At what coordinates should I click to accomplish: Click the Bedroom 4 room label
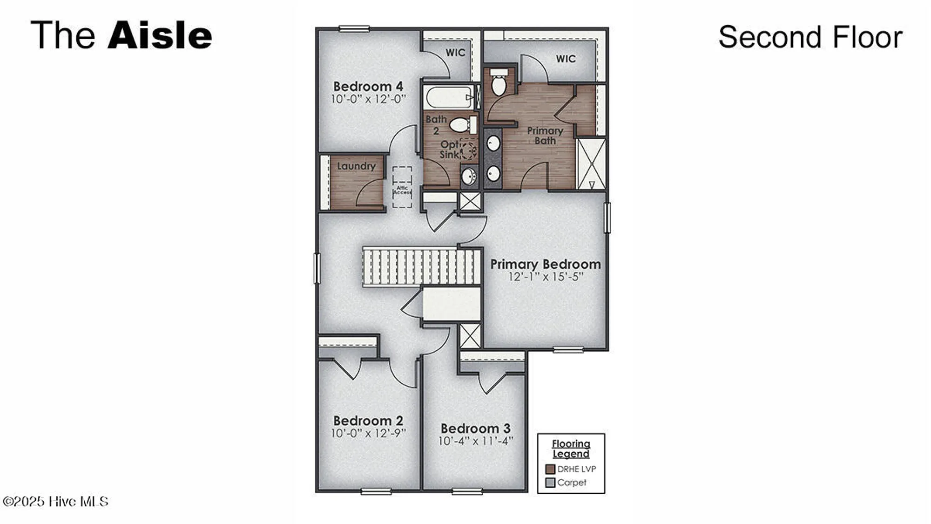tap(368, 87)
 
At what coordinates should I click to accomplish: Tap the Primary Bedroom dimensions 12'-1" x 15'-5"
tap(546, 277)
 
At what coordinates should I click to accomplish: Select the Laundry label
tap(356, 166)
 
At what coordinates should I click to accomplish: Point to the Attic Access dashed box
tap(402, 188)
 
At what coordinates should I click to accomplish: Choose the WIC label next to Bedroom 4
tap(455, 53)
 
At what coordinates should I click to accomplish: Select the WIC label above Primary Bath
tap(566, 59)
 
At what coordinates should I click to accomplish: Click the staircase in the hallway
tap(421, 266)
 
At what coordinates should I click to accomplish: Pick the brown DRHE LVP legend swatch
tap(550, 469)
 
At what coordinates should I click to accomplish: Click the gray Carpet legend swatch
tap(550, 483)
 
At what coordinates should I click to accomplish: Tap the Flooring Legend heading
tap(571, 449)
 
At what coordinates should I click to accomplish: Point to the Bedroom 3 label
tap(475, 428)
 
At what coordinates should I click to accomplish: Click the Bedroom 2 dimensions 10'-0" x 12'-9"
tap(368, 433)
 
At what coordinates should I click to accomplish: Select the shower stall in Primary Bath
tap(591, 163)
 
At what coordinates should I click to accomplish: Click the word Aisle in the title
tap(160, 35)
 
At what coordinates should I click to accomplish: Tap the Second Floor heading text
tap(810, 37)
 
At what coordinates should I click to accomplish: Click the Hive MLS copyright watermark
tap(55, 502)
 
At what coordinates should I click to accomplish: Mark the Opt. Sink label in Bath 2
tap(449, 150)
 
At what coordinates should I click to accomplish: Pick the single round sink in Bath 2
tap(469, 177)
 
